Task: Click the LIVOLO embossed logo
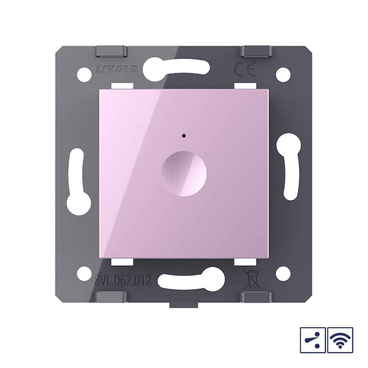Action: point(116,70)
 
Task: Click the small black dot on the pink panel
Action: point(184,135)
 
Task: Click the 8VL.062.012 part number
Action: point(123,281)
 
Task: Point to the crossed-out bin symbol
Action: point(252,279)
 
